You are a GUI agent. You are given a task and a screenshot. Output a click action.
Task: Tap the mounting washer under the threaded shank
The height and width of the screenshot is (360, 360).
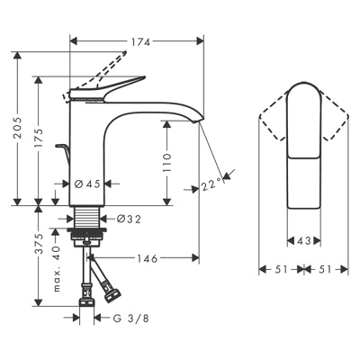pos(87,238)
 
